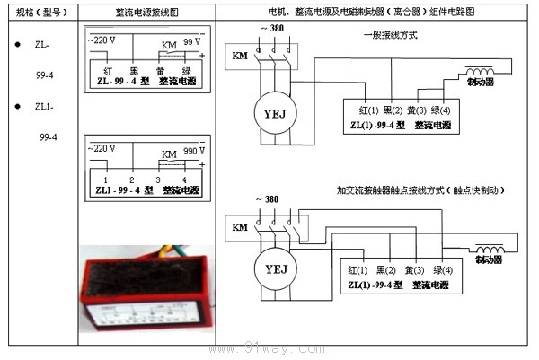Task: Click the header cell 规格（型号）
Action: (40, 13)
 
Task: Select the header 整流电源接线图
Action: (146, 13)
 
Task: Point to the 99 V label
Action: (191, 42)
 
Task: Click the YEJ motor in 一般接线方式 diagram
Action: (270, 114)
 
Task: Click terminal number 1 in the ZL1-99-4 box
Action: (105, 180)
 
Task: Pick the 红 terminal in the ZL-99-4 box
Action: (107, 69)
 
